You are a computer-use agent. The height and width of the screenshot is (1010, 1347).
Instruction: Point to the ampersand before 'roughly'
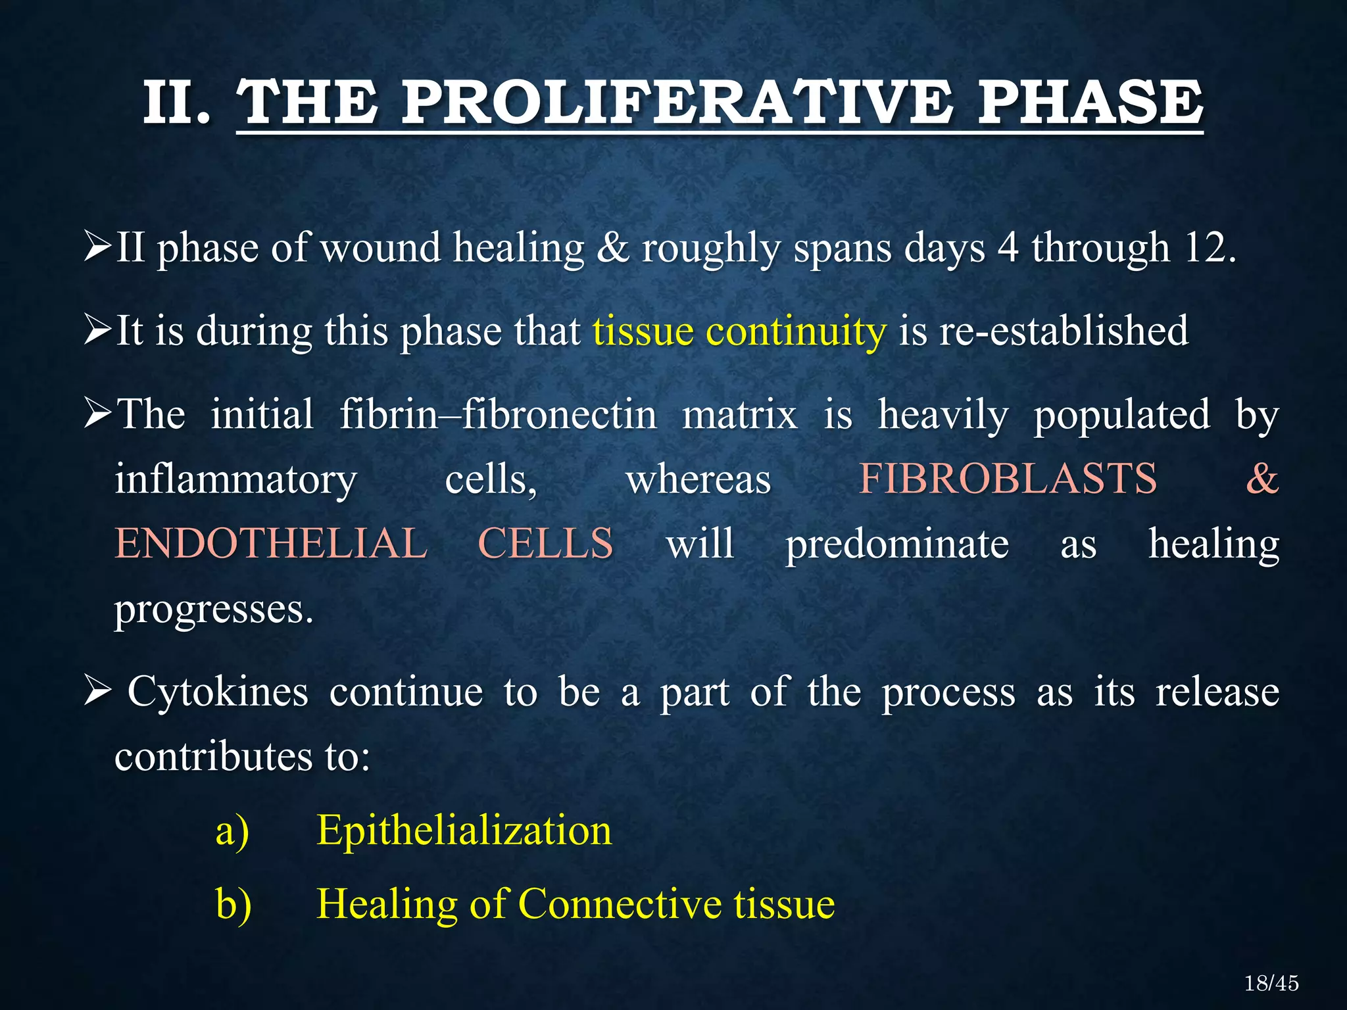613,248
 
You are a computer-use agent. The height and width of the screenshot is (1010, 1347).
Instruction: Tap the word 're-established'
1064,331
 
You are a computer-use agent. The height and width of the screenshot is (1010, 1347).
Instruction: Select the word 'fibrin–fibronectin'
498,414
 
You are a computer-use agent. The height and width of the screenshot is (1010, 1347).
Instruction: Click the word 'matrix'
739,414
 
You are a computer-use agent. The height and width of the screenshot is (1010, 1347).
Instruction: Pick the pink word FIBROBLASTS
1008,479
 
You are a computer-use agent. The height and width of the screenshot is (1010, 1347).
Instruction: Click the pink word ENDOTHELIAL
271,544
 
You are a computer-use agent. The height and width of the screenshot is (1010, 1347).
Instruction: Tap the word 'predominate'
897,544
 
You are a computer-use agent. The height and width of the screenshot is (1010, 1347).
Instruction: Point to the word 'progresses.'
214,610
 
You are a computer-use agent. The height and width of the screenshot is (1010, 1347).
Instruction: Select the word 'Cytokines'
218,692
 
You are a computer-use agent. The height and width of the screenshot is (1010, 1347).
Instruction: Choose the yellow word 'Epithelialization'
464,830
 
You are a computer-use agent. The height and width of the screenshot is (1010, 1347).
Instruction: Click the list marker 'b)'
233,903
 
